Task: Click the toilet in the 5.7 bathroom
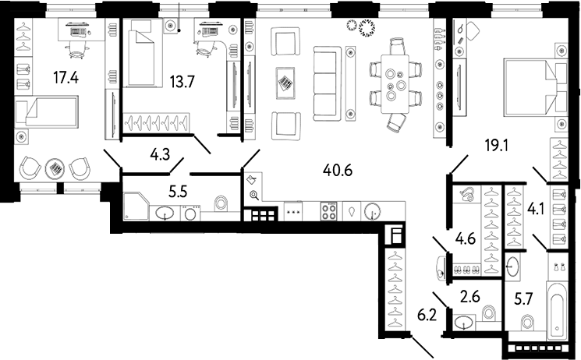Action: pyautogui.click(x=526, y=321)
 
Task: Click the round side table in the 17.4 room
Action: pyautogui.click(x=55, y=168)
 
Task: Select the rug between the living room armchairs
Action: pyautogui.click(x=286, y=81)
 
